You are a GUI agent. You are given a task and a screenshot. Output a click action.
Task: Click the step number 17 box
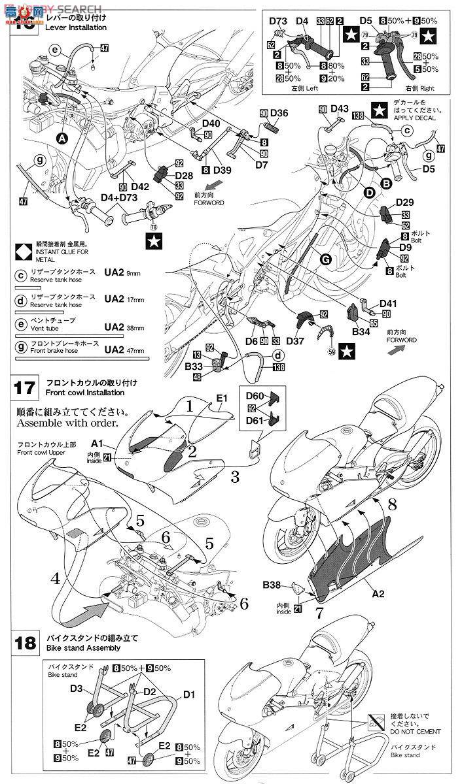pos(24,387)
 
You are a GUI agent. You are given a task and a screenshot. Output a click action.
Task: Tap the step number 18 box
pos(24,642)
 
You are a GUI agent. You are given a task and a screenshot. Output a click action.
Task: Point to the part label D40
pos(211,123)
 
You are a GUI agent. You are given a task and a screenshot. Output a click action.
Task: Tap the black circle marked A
pos(62,139)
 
